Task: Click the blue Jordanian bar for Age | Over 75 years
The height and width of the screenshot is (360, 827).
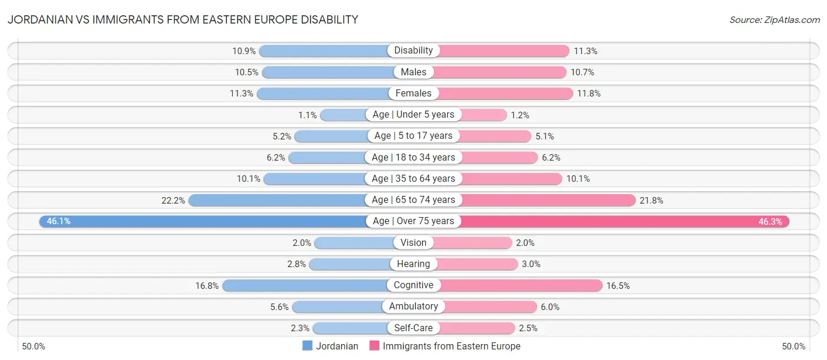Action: pyautogui.click(x=206, y=221)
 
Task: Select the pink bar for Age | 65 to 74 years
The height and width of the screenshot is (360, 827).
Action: pyautogui.click(x=547, y=200)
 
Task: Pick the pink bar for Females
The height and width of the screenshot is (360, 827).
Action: pyautogui.click(x=506, y=93)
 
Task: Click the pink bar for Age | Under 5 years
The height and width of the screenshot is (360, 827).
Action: pyautogui.click(x=482, y=115)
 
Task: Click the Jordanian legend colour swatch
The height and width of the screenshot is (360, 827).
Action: pyautogui.click(x=307, y=346)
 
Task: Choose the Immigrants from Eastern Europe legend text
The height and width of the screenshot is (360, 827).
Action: pyautogui.click(x=451, y=346)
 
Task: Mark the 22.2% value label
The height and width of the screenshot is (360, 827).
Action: pyautogui.click(x=173, y=200)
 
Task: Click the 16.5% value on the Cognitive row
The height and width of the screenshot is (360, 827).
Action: pyautogui.click(x=618, y=285)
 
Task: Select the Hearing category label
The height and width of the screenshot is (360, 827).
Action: pyautogui.click(x=413, y=264)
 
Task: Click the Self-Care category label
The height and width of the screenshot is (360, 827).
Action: pyautogui.click(x=413, y=328)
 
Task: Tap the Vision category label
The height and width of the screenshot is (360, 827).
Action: pyautogui.click(x=413, y=242)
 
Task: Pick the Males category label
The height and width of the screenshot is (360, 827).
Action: pyautogui.click(x=413, y=72)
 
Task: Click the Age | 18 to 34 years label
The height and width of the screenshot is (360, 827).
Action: pyautogui.click(x=413, y=157)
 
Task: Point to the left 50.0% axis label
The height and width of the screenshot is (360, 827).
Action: pyautogui.click(x=34, y=346)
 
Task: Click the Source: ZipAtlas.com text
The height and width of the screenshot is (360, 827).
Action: pyautogui.click(x=774, y=20)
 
